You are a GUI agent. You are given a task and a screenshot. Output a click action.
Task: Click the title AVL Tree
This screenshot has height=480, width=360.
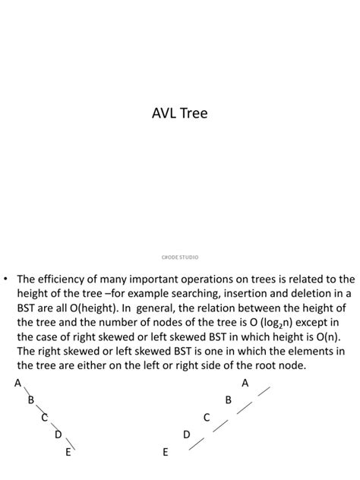tap(179, 114)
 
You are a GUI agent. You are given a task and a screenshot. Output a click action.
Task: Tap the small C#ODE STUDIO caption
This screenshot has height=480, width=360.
tap(180, 257)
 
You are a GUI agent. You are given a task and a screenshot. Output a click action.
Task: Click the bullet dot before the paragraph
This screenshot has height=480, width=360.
tap(7, 279)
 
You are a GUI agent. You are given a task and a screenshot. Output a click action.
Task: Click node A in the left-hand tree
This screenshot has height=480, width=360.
tap(17, 383)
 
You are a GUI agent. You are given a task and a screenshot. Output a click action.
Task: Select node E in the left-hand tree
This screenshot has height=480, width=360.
tap(68, 452)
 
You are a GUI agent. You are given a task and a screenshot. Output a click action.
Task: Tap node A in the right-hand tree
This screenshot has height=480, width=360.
tap(245, 383)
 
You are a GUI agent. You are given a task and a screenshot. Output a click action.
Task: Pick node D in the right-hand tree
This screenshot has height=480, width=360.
tap(187, 434)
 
